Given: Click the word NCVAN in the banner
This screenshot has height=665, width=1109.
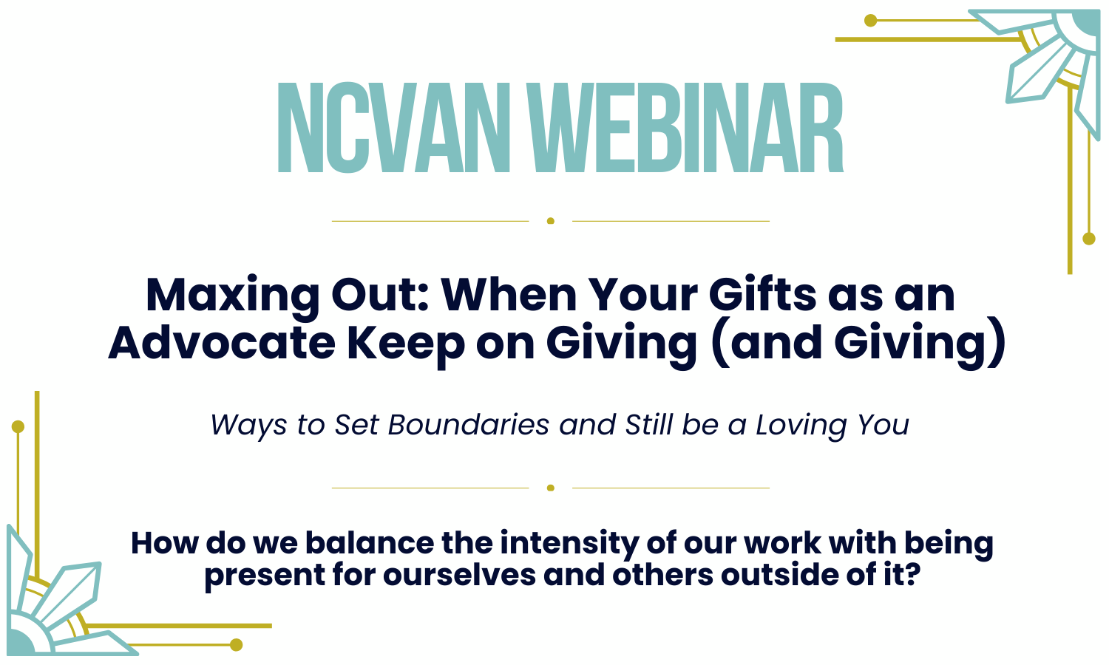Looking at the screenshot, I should (394, 128).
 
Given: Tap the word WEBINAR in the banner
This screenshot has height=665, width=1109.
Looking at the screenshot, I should (688, 128).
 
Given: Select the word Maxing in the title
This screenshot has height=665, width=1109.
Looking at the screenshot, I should (232, 296).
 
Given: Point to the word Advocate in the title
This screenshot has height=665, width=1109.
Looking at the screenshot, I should (221, 343).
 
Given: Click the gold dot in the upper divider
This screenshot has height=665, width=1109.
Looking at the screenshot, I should (551, 221).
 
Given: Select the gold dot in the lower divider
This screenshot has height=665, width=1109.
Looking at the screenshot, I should (551, 488).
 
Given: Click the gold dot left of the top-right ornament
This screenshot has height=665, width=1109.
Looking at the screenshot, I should (871, 21).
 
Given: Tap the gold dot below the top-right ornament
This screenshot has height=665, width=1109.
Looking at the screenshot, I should (1088, 239).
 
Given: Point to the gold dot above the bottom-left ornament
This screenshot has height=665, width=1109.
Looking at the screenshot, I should (18, 426).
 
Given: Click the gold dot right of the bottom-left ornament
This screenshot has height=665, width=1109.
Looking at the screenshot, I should (237, 645).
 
